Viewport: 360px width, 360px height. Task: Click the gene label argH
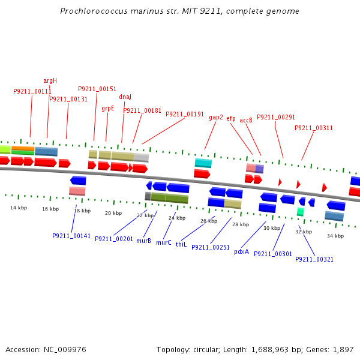click(50, 80)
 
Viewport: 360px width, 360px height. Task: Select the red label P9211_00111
click(32, 92)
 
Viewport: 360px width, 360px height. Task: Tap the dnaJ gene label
click(125, 97)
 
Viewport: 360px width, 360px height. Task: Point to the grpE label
click(108, 109)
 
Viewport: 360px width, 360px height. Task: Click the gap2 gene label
click(216, 118)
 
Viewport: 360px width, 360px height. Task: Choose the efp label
click(231, 119)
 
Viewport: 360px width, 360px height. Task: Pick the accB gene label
click(246, 120)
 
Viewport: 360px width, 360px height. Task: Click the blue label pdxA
click(241, 251)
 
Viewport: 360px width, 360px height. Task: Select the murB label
click(143, 241)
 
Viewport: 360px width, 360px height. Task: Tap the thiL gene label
click(181, 245)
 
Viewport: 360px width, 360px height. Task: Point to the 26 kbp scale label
click(209, 221)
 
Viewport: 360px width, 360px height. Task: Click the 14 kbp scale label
click(19, 208)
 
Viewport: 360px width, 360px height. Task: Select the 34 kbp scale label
click(335, 236)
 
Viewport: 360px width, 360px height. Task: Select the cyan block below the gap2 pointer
click(203, 163)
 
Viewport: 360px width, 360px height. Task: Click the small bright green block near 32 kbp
click(301, 212)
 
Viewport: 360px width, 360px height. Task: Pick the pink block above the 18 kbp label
click(77, 191)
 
